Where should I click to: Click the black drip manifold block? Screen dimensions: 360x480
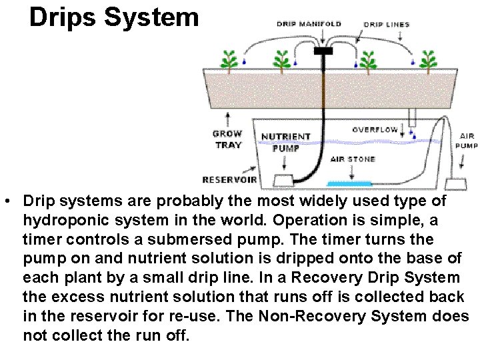pyautogui.click(x=323, y=51)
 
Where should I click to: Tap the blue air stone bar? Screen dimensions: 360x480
pyautogui.click(x=350, y=183)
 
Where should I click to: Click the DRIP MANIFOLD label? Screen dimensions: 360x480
pyautogui.click(x=309, y=24)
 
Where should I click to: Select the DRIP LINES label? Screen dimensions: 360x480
pyautogui.click(x=387, y=25)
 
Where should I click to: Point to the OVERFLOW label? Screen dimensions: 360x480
pyautogui.click(x=375, y=129)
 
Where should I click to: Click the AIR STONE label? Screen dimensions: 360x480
pyautogui.click(x=353, y=159)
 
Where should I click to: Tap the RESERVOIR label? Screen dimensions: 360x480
pyautogui.click(x=229, y=179)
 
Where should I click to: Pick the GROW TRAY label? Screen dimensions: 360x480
pyautogui.click(x=227, y=139)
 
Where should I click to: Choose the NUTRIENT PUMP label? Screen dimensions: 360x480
pyautogui.click(x=285, y=142)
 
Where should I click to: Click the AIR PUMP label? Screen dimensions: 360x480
pyautogui.click(x=467, y=140)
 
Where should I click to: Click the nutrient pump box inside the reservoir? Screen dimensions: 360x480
pyautogui.click(x=285, y=180)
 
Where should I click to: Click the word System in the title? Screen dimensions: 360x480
pyautogui.click(x=153, y=17)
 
